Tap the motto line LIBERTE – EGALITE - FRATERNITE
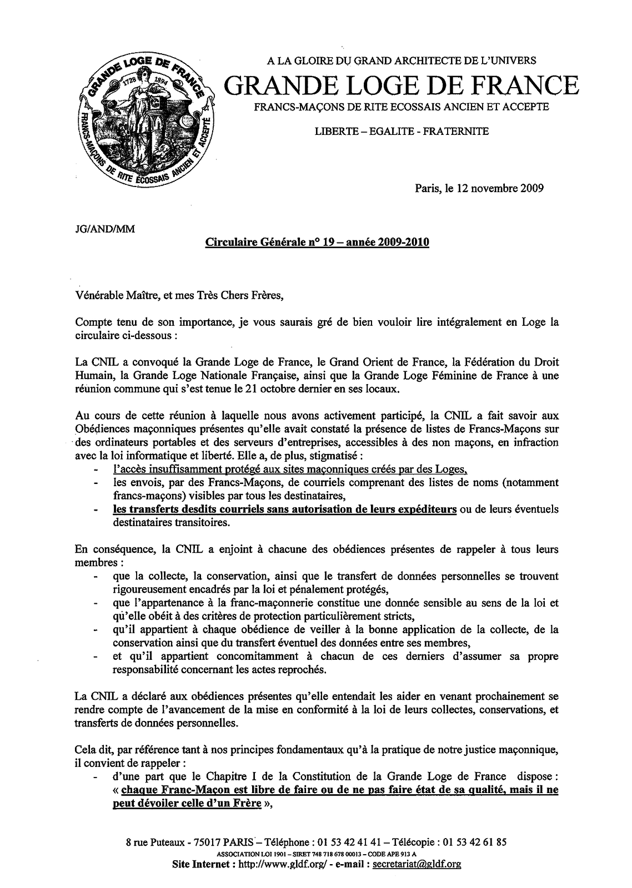click(x=402, y=132)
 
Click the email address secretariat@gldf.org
click(x=417, y=864)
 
